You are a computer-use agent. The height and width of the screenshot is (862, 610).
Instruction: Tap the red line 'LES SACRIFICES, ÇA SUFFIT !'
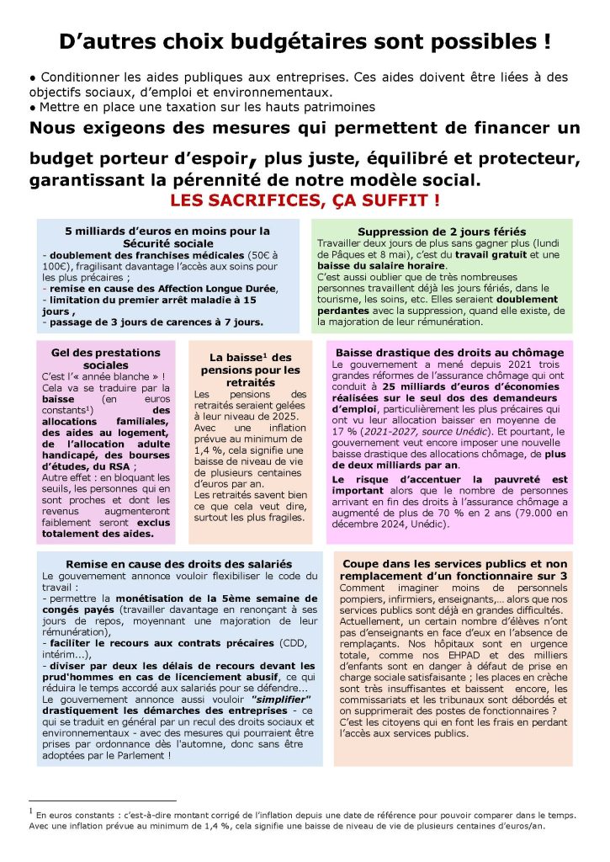click(305, 201)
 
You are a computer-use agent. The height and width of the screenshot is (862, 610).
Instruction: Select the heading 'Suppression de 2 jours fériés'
click(442, 231)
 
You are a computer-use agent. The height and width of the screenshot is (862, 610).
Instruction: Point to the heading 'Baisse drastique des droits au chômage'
click(449, 353)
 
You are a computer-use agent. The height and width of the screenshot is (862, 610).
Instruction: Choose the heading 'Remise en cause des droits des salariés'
click(179, 563)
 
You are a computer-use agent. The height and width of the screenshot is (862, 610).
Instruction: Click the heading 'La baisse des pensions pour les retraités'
click(248, 369)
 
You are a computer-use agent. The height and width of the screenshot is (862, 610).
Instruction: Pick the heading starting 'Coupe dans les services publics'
click(453, 569)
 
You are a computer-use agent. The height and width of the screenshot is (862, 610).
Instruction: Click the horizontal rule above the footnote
click(102, 801)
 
